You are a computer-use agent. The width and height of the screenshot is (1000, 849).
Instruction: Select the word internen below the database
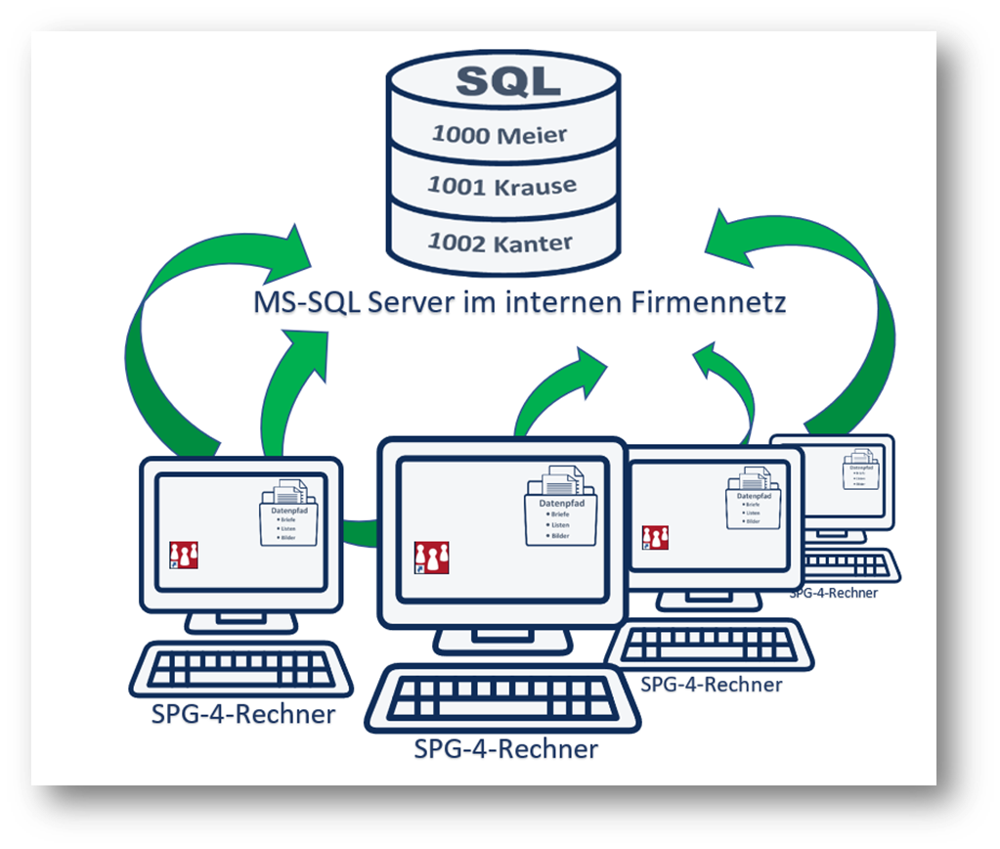557,302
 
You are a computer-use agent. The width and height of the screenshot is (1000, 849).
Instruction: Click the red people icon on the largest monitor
431,558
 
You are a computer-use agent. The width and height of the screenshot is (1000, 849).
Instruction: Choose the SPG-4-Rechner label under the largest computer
505,750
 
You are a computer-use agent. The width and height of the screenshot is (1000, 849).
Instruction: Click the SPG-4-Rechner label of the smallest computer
834,592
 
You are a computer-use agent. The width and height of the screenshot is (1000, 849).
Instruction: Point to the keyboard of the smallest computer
850,566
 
